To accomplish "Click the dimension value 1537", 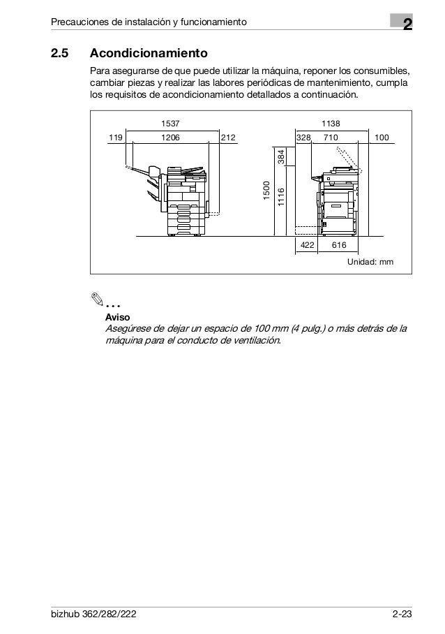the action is point(170,124).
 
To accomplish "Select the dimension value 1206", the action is point(170,138).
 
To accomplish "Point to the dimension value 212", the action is point(228,138).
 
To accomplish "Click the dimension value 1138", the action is point(330,124).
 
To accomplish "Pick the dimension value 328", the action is point(303,138).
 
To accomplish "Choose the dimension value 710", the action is point(330,138).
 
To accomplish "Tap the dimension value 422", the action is point(306,245).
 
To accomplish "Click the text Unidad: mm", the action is point(370,261).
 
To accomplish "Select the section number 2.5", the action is point(61,54).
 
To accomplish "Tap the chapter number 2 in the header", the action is point(405,26).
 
